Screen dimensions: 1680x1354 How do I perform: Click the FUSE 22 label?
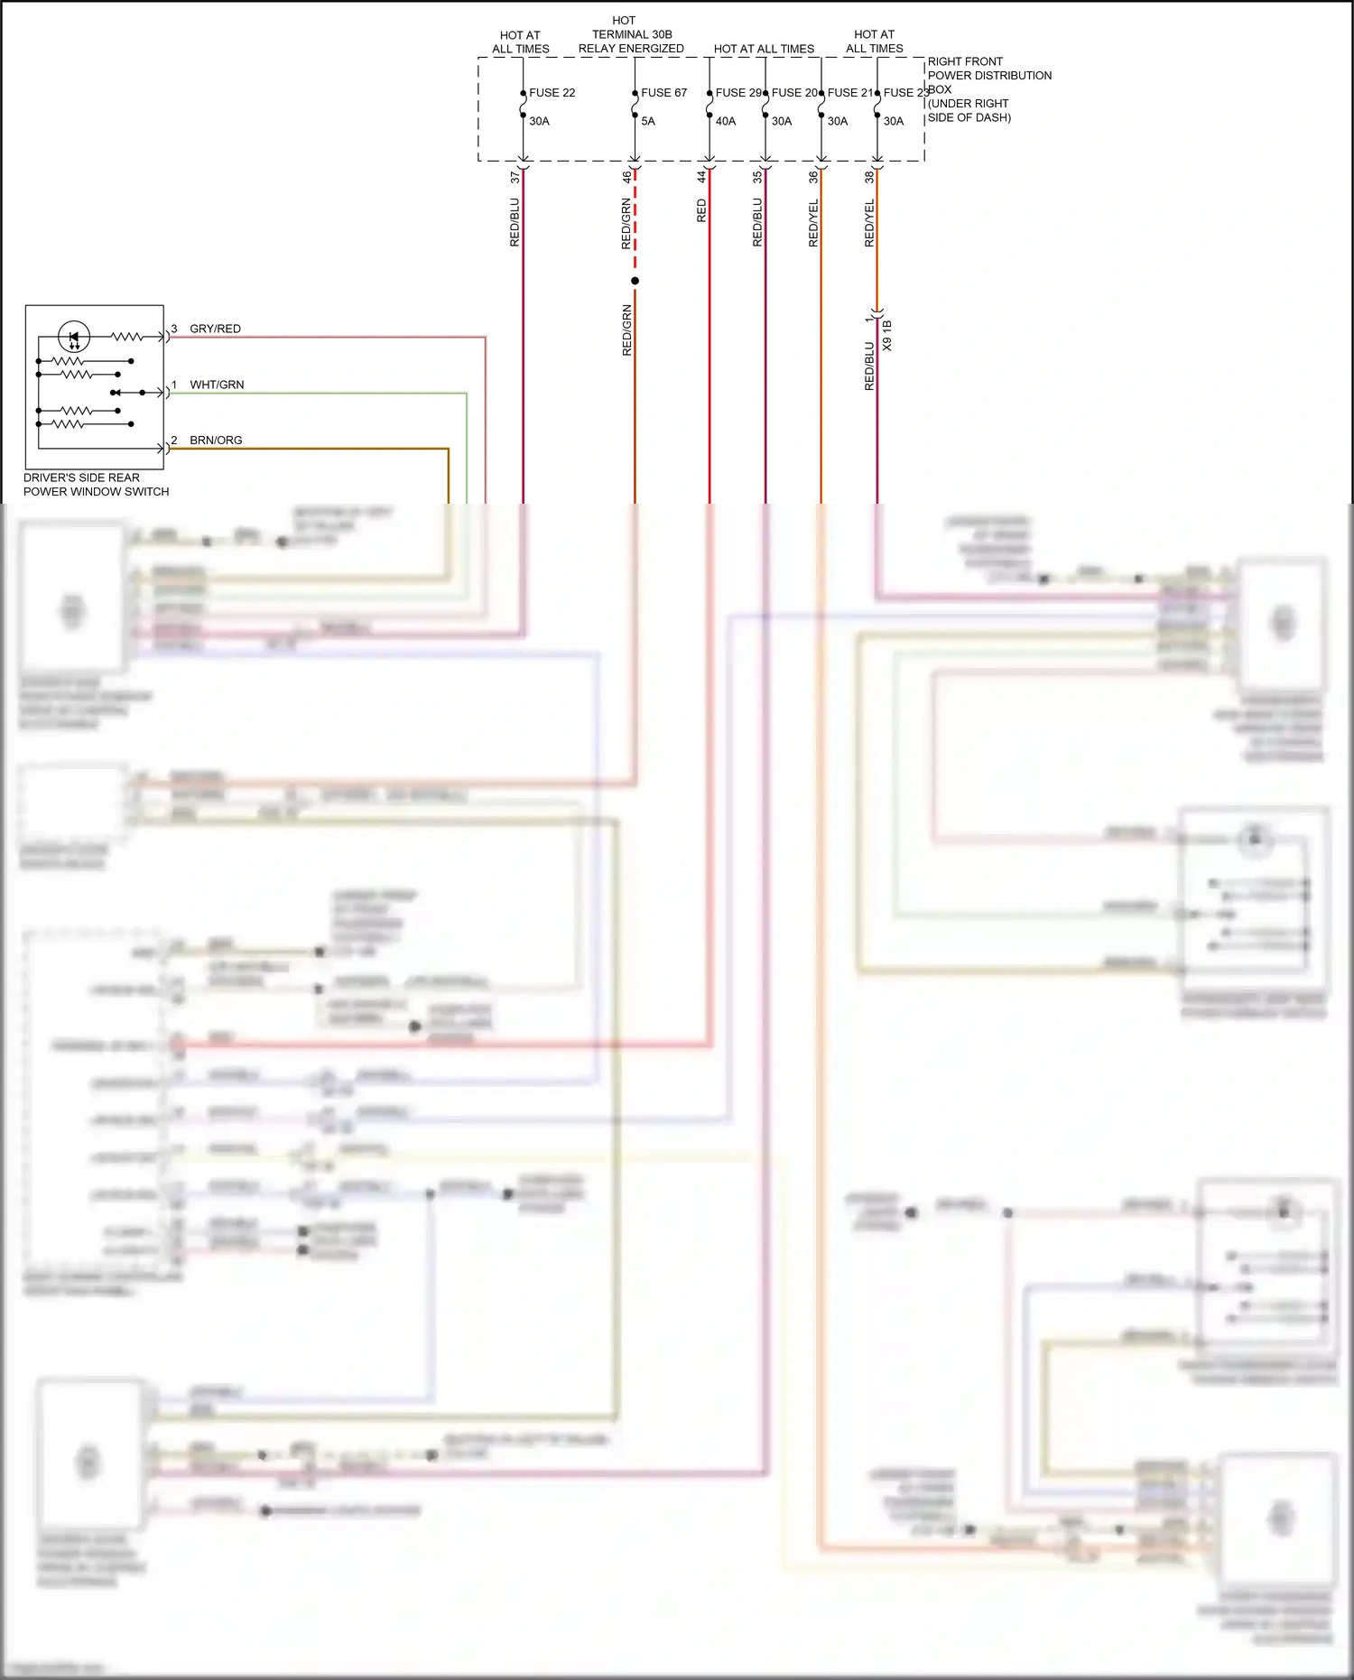pos(552,92)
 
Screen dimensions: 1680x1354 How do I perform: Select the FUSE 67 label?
pos(663,92)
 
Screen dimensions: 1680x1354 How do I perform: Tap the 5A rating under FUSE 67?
pos(648,121)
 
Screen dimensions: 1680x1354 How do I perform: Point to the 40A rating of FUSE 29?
pos(726,121)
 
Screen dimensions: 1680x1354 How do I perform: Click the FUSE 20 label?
pos(794,92)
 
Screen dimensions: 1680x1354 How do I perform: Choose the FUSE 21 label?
pos(850,92)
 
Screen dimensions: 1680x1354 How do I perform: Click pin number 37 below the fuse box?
pos(515,177)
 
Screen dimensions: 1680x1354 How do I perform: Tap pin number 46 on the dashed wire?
pos(626,177)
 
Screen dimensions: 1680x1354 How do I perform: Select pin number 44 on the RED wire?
pos(701,177)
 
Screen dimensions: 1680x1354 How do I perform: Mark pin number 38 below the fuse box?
pos(869,177)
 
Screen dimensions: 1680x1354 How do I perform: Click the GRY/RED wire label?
pos(215,329)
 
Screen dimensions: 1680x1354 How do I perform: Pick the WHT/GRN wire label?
pos(217,385)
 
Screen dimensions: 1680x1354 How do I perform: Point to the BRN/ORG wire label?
pos(216,441)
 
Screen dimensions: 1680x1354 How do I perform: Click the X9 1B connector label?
pos(887,335)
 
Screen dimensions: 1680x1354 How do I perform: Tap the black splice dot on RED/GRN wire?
pos(635,281)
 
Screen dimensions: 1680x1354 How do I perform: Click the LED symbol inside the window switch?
pos(74,337)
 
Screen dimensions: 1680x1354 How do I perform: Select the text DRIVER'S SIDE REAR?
pos(81,478)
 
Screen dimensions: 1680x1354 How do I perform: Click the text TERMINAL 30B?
pos(632,34)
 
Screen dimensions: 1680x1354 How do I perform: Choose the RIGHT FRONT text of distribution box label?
pos(965,61)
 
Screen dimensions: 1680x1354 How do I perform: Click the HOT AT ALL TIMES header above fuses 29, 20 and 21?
pos(764,49)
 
